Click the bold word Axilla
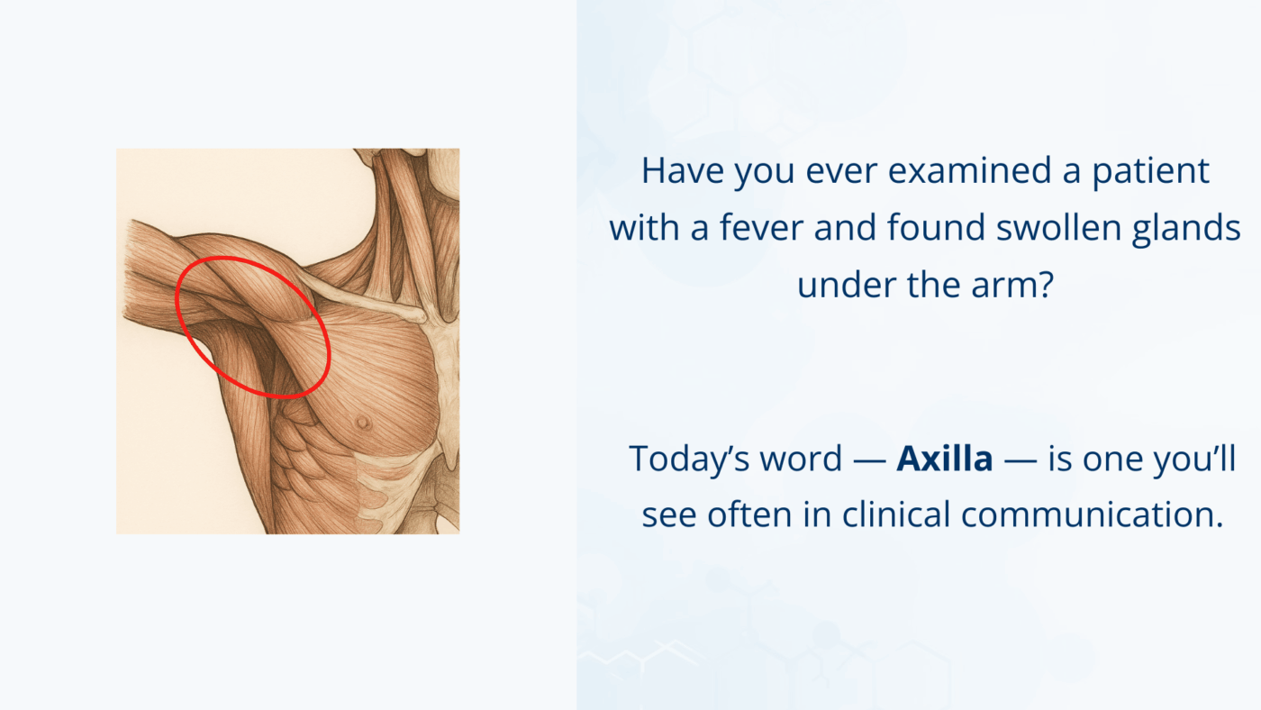pos(945,459)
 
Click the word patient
pos(1151,171)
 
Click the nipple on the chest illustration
pos(362,421)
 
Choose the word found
pos(928,228)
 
